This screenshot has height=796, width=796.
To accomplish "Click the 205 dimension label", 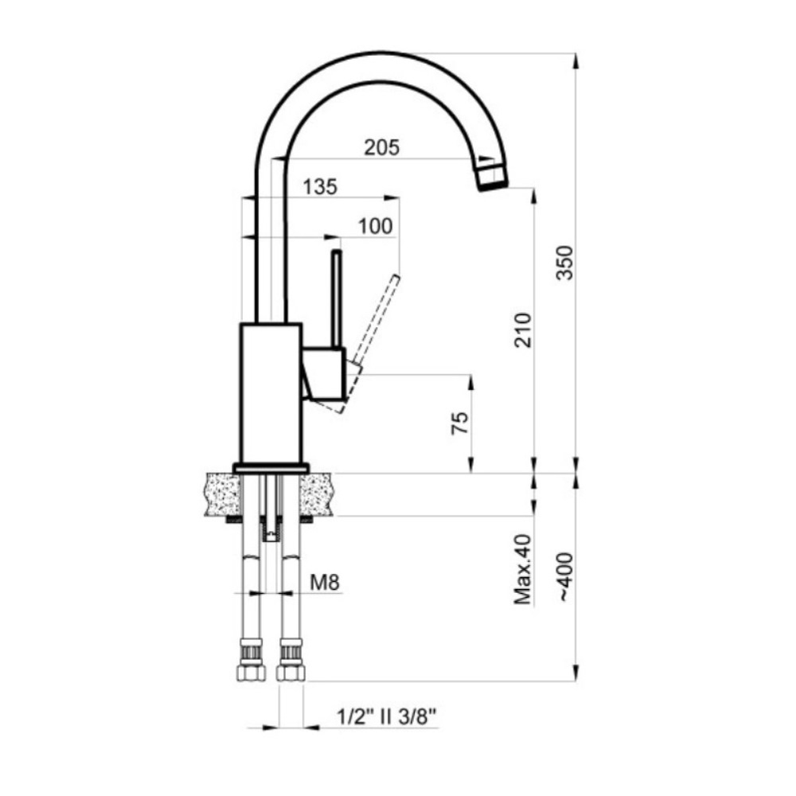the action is [x=382, y=147].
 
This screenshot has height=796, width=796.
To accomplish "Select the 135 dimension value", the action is [x=320, y=187].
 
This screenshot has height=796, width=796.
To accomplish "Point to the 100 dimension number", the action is [x=375, y=226].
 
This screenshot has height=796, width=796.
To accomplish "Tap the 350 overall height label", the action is [x=564, y=263].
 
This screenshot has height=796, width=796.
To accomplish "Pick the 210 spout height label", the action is [x=523, y=330].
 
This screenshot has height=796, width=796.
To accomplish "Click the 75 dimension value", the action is [x=460, y=423].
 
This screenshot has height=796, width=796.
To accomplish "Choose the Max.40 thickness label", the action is [x=523, y=569].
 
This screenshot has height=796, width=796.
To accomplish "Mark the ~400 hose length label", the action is [x=565, y=577].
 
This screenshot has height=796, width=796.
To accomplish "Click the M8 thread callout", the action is [x=325, y=582].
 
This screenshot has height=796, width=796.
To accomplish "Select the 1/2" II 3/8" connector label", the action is [x=387, y=717].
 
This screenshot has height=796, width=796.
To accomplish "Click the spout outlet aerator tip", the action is [x=492, y=174].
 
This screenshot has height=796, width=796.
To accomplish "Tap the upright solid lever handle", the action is [x=336, y=299].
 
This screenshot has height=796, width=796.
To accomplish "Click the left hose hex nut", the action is [x=252, y=673].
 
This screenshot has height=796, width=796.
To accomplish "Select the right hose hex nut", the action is [x=291, y=673].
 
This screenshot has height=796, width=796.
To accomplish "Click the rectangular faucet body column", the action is [x=271, y=393].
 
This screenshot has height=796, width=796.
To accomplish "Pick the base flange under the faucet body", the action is [x=271, y=468].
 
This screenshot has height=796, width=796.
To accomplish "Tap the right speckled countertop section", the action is [x=316, y=494].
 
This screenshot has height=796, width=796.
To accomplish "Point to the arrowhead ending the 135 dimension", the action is [x=391, y=198].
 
